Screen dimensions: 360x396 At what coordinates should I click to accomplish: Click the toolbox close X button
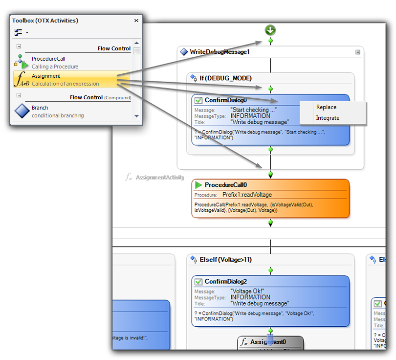pos(136,21)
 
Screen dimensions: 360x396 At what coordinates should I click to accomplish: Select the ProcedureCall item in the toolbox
pos(48,59)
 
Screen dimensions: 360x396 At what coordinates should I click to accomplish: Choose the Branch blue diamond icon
pos(22,111)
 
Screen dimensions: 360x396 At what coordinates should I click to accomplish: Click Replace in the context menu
pos(326,107)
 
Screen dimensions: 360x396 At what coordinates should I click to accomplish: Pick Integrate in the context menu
pos(328,118)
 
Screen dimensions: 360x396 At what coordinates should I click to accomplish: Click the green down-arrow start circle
pos(270,30)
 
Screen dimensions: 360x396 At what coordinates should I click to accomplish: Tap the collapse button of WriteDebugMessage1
pos(358,52)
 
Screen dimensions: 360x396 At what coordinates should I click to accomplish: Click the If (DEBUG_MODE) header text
pos(225,78)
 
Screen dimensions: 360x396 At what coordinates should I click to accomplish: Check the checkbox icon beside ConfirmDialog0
pos(198,100)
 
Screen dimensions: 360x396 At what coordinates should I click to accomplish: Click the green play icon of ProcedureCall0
pos(198,185)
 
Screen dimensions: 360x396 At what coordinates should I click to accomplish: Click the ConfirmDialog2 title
pos(225,282)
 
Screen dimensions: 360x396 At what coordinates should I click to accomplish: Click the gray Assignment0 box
pos(270,342)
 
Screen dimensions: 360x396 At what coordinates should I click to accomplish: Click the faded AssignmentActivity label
pos(159,177)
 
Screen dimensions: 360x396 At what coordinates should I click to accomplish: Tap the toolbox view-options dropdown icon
pos(21,32)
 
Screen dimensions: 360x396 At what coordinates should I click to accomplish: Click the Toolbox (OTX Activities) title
pos(45,21)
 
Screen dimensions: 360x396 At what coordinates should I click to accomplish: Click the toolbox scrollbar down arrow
pos(136,116)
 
